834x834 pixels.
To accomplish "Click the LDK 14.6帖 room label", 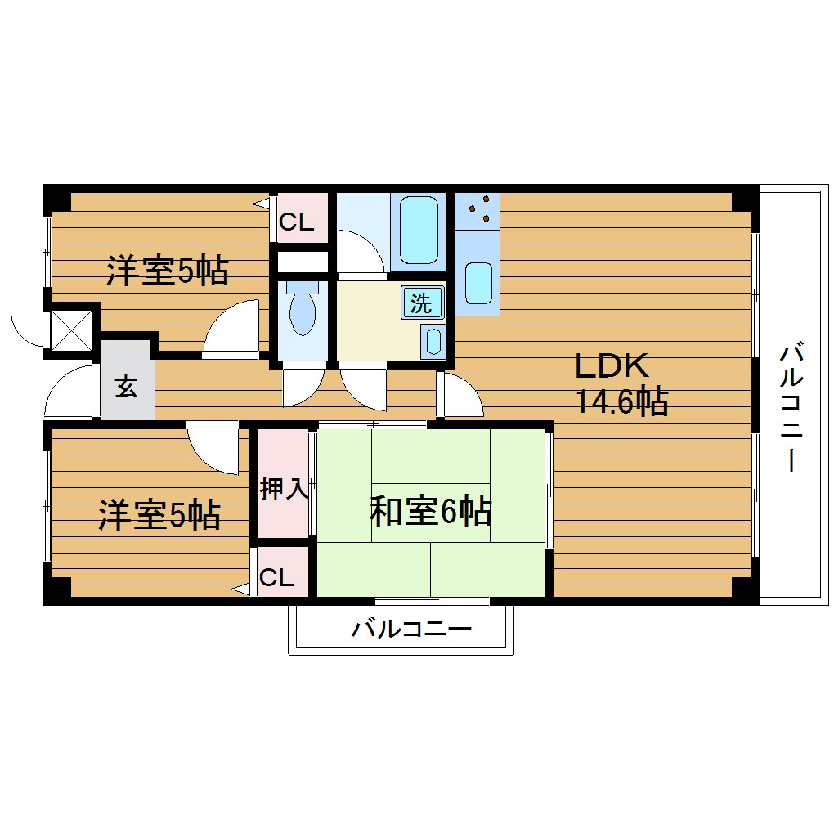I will point(622,384).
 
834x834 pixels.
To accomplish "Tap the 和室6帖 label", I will point(430,512).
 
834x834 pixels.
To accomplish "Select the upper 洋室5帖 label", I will point(167,271).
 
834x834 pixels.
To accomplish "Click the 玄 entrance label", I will point(125,387).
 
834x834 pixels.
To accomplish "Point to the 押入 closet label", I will point(283,490).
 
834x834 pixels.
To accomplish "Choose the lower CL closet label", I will point(276,578).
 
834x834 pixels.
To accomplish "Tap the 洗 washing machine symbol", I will point(421,304).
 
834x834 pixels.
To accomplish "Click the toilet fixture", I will point(302,309).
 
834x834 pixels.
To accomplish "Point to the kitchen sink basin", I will point(478,283).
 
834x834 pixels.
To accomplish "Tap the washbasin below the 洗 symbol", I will point(433,340).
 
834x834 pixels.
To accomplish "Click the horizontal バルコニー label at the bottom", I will point(411,630).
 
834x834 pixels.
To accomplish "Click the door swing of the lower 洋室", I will point(214,448).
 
